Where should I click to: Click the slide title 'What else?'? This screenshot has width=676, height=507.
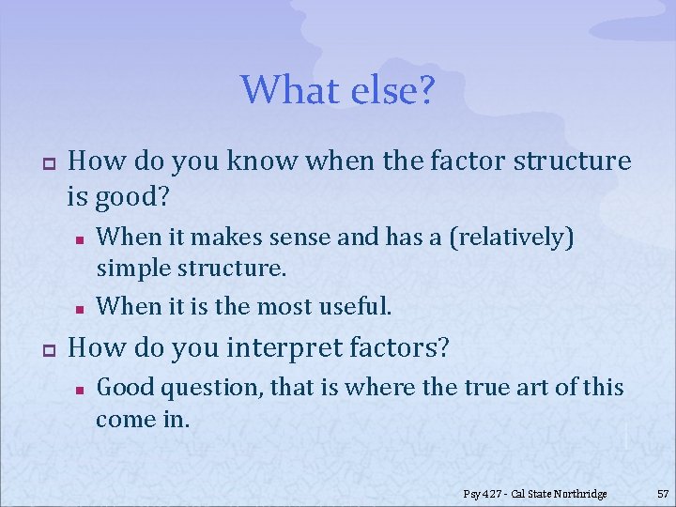coord(338,90)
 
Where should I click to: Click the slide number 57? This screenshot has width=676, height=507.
coord(662,493)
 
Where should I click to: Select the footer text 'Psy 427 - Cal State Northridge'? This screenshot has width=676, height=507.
coord(535,493)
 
